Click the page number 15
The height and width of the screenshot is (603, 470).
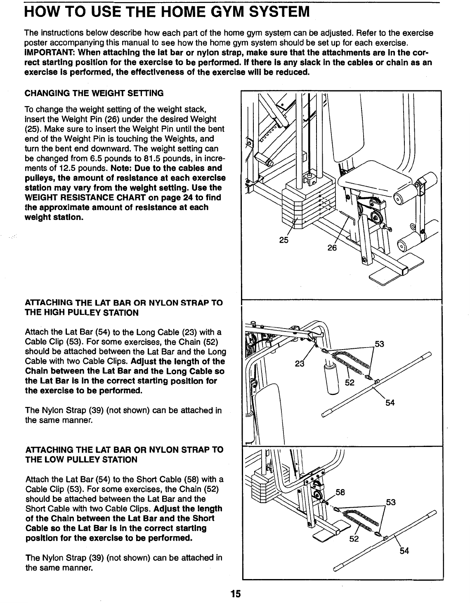[235, 594]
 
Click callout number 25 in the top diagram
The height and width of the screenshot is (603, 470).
[283, 240]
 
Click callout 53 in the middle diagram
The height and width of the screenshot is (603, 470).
[379, 343]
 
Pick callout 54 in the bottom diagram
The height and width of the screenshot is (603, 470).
[404, 551]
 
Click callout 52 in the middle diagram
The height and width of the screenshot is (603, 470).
[350, 382]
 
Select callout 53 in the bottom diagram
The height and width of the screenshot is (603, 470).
[390, 502]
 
